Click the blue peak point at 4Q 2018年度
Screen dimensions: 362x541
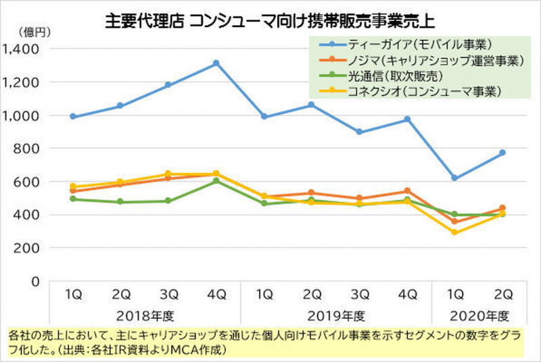(x=216, y=63)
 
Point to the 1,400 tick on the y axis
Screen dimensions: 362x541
(x=22, y=49)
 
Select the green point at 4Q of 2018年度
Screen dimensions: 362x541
(x=216, y=180)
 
